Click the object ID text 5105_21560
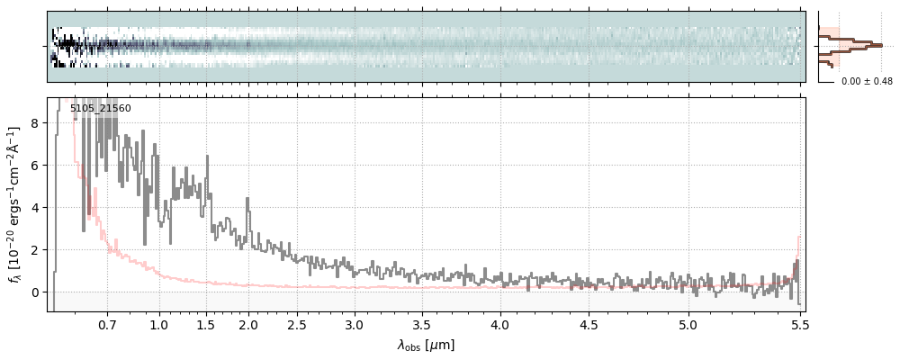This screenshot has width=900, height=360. coord(100,109)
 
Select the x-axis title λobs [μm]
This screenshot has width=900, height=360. coord(426,345)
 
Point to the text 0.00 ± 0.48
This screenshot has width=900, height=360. coord(867,81)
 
